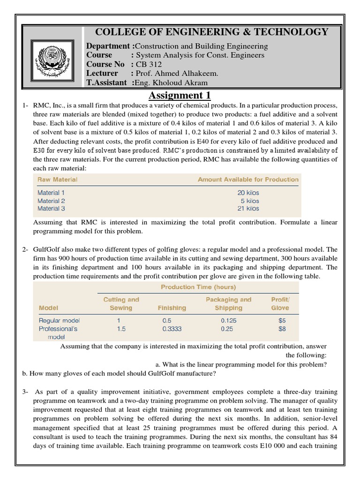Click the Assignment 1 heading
pos(180,96)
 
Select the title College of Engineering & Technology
pos(212,32)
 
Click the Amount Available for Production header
pos(248,180)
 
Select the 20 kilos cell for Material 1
pos(248,193)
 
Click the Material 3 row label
pos(51,209)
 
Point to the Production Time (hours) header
pos(198,287)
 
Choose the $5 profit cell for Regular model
pos(281,321)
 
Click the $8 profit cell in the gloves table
pos(281,329)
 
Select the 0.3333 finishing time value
pos(172,329)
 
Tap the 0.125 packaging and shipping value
pos(228,321)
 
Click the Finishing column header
pos(172,308)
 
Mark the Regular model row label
pos(59,321)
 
